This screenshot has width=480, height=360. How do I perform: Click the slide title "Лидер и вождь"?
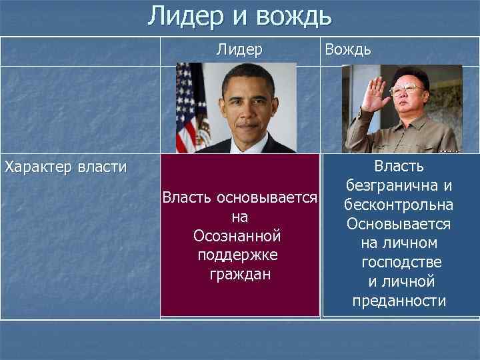pyautogui.click(x=239, y=16)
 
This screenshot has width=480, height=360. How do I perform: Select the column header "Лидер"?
pyautogui.click(x=239, y=50)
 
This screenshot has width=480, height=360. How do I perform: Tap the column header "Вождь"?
pyautogui.click(x=347, y=50)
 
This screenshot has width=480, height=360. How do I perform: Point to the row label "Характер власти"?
pyautogui.click(x=65, y=166)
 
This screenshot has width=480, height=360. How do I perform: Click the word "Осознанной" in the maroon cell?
pyautogui.click(x=237, y=236)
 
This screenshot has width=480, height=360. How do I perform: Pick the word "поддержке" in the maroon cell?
pyautogui.click(x=238, y=255)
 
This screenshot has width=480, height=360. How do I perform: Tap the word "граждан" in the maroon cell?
pyautogui.click(x=238, y=273)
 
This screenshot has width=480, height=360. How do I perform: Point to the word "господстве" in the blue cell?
pyautogui.click(x=401, y=263)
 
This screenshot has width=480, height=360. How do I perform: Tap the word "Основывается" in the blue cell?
pyautogui.click(x=399, y=223)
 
